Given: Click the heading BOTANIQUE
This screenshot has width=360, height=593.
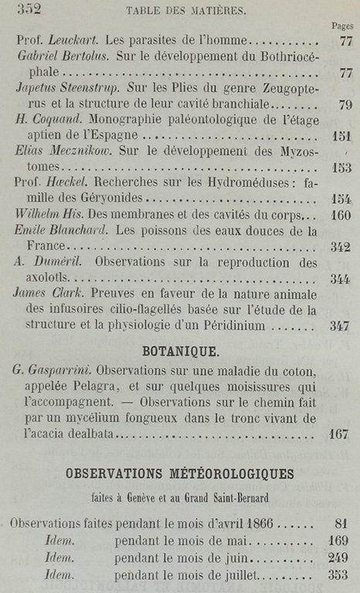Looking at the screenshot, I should click(x=180, y=351).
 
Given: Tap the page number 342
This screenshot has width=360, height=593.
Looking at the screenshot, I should click(x=341, y=247).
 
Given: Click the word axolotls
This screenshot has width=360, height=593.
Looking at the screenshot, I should click(x=41, y=280).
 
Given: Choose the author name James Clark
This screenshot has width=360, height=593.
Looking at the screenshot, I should click(x=49, y=295).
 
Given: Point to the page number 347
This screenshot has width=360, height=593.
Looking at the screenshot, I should click(x=341, y=327).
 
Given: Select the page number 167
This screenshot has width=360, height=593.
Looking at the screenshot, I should click(x=341, y=435).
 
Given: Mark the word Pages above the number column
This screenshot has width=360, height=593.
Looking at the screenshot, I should click(x=342, y=25).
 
